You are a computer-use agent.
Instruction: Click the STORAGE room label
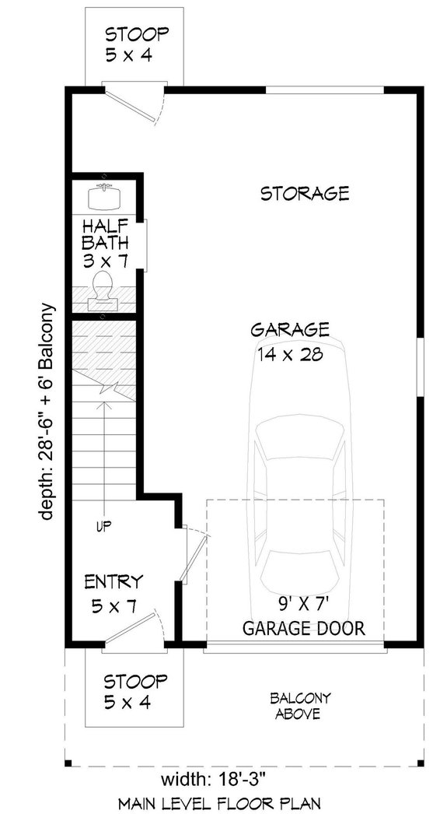[x=304, y=193]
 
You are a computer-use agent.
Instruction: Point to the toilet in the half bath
[x=103, y=287]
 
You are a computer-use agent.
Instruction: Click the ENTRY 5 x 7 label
[x=113, y=593]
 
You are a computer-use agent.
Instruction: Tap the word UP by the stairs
[x=103, y=526]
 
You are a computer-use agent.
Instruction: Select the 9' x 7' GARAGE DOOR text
[x=303, y=615]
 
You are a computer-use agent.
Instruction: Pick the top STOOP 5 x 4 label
[x=136, y=44]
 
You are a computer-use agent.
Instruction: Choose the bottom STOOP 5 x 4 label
[x=136, y=692]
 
